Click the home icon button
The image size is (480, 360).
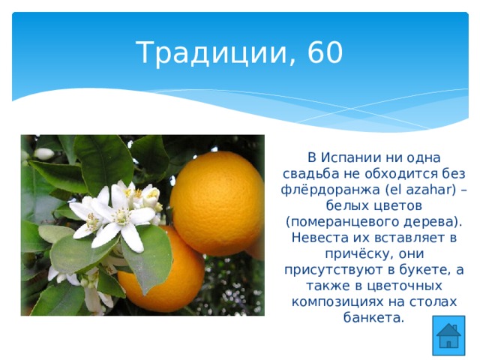(448, 335)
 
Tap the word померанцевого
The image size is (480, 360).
(343, 222)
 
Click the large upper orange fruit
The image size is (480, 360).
(217, 203)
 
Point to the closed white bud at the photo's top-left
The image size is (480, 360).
(43, 154)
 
